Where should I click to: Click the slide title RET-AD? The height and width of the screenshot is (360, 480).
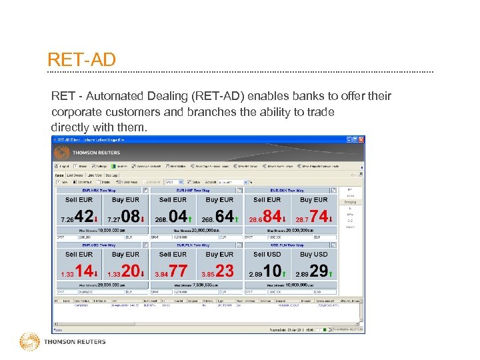[81, 60]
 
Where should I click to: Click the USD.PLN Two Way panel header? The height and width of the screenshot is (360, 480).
[286, 245]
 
